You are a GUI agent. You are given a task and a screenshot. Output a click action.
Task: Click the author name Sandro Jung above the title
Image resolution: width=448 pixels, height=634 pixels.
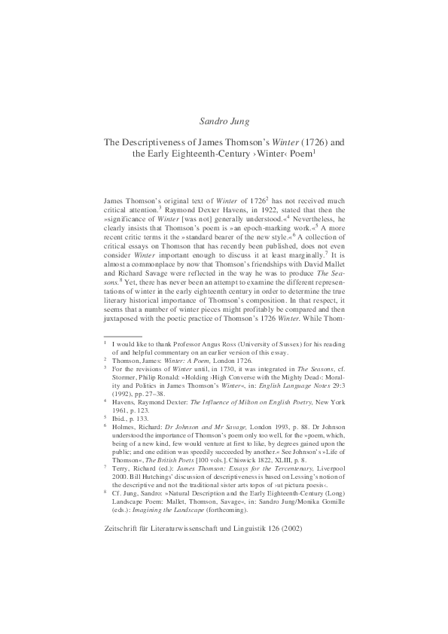click(224, 120)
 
